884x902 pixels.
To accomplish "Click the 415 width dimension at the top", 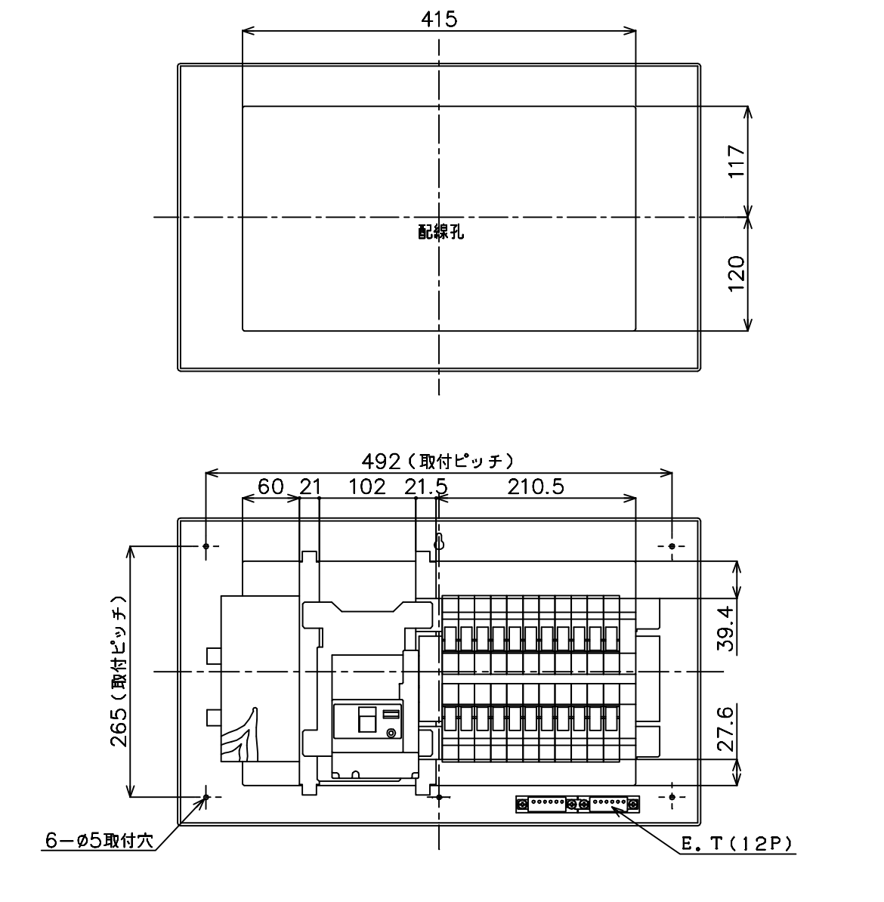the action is click(x=439, y=20).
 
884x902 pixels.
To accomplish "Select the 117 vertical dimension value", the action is click(x=737, y=162).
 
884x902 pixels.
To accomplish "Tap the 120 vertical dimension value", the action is click(x=737, y=273).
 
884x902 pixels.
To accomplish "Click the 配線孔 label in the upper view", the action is click(x=440, y=232).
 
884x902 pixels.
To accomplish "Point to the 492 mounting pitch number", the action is click(x=380, y=461).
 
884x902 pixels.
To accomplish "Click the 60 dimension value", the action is click(x=270, y=487).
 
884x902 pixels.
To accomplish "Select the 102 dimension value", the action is click(x=367, y=487).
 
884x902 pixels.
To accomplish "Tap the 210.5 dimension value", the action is click(x=535, y=487).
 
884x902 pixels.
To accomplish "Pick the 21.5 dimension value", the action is click(x=426, y=487).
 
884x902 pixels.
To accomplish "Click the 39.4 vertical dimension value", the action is click(x=726, y=628).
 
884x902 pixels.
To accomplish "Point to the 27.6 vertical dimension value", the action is click(x=726, y=729).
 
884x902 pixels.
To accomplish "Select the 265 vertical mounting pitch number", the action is click(x=119, y=727).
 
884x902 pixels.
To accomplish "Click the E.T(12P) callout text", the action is click(x=737, y=844).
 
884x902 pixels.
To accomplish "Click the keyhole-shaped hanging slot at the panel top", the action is click(x=438, y=542).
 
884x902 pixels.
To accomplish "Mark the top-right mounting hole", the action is click(x=672, y=545).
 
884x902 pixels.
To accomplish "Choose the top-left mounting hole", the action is click(x=206, y=545).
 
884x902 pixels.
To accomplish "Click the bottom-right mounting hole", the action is click(x=672, y=797).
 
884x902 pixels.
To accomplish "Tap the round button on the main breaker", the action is click(x=391, y=732).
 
